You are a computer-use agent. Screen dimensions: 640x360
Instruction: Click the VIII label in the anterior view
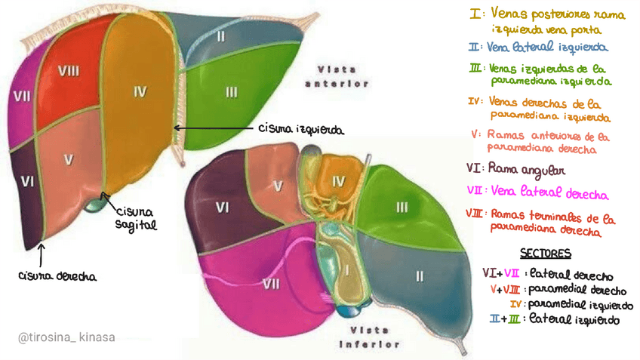coord(69,70)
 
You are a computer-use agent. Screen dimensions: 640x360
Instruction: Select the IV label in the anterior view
coord(139,91)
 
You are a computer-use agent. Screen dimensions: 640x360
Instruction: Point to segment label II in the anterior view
coord(220,35)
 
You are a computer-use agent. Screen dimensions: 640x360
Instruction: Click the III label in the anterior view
coord(231,92)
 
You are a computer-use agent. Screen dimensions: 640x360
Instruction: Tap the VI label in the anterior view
coord(27,181)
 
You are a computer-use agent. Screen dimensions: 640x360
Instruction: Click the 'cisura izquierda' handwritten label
coord(301,130)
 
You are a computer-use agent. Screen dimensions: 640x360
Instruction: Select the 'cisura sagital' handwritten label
coord(136,217)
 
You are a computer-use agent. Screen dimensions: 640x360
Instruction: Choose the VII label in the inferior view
coord(271,284)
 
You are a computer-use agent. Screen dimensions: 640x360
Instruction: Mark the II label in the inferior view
coord(419,275)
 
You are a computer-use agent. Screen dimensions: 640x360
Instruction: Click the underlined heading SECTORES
coord(545,252)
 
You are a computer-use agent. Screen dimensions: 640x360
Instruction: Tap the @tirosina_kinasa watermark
coord(66,337)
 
